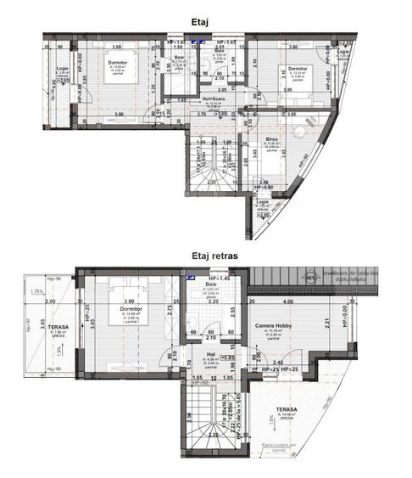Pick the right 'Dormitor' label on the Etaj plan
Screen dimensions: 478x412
pos(297,69)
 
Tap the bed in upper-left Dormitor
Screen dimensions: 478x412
pos(114,76)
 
